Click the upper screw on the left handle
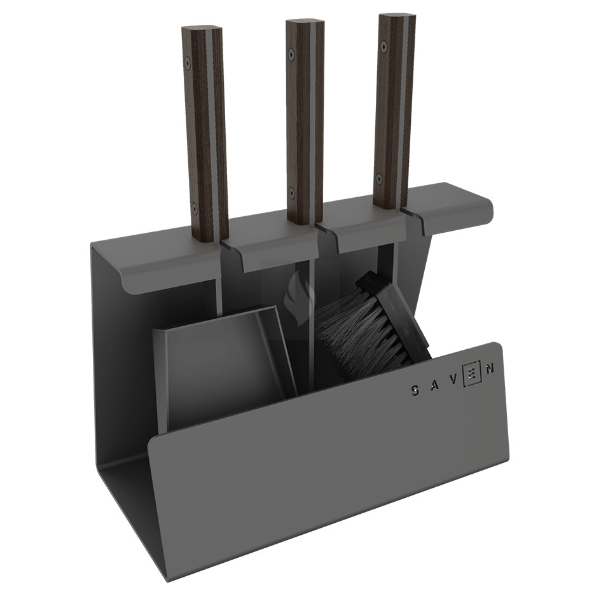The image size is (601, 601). [188, 62]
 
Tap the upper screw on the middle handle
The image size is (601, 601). [292, 53]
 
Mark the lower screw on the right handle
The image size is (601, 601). [380, 178]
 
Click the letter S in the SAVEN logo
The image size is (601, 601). [416, 390]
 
